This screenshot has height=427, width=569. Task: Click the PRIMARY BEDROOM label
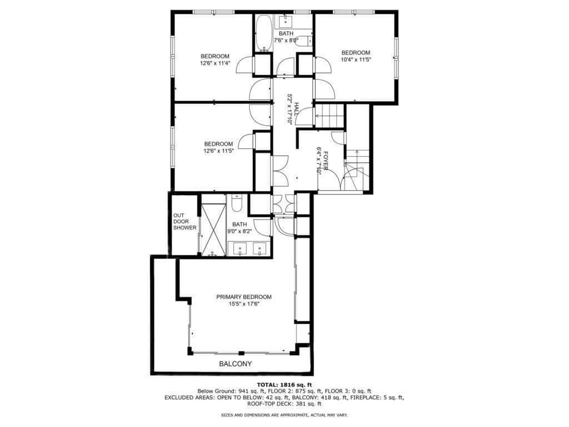244,297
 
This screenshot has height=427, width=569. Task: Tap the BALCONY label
235,364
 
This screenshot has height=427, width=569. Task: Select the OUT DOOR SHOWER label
184,221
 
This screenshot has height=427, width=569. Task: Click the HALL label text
296,110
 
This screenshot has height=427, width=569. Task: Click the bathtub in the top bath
264,33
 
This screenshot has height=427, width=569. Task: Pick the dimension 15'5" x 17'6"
244,304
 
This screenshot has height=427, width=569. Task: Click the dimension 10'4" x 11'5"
356,59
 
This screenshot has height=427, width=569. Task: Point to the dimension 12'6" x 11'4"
215,63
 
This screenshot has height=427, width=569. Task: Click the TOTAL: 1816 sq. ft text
284,385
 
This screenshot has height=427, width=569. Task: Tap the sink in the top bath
286,22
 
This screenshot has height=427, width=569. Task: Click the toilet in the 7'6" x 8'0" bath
304,41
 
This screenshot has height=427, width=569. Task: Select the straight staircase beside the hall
329,116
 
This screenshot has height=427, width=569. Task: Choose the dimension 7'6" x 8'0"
286,40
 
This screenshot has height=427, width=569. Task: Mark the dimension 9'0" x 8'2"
239,231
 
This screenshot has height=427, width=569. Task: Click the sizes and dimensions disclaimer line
284,415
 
